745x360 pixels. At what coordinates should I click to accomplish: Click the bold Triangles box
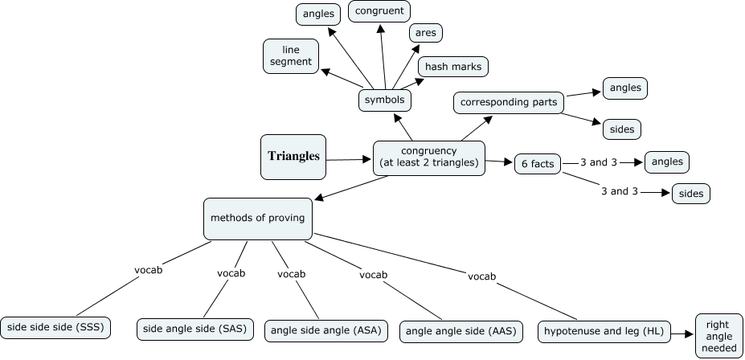point(293,157)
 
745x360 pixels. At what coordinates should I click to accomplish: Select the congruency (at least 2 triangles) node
point(428,157)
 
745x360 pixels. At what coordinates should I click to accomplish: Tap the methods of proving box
point(257,218)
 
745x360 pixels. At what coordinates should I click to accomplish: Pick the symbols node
point(385,100)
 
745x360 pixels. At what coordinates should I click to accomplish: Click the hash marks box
point(452,67)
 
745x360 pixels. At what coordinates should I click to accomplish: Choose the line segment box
point(291,56)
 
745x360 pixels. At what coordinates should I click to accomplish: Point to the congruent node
point(379,11)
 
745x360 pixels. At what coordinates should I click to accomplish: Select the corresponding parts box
point(510,103)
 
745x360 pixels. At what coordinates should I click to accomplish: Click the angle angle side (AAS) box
point(462,330)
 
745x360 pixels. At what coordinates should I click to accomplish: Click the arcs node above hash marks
point(426,33)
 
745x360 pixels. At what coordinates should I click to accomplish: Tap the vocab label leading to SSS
point(148,270)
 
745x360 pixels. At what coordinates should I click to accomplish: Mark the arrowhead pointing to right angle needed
point(688,331)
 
